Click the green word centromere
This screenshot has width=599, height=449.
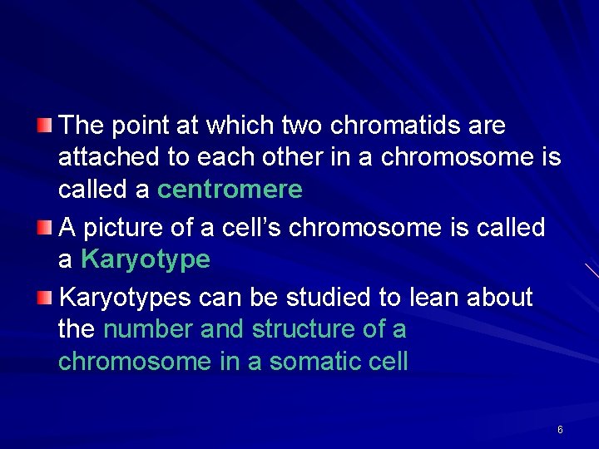tap(230, 190)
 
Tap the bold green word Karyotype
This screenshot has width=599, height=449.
tap(146, 260)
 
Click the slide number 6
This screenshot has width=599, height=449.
tap(560, 430)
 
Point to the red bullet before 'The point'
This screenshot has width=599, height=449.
tap(45, 126)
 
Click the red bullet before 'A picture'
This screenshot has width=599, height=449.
tap(45, 228)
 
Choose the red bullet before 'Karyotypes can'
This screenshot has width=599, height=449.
tap(45, 297)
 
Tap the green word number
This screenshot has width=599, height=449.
tap(149, 329)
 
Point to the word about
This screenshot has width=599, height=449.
tap(498, 297)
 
